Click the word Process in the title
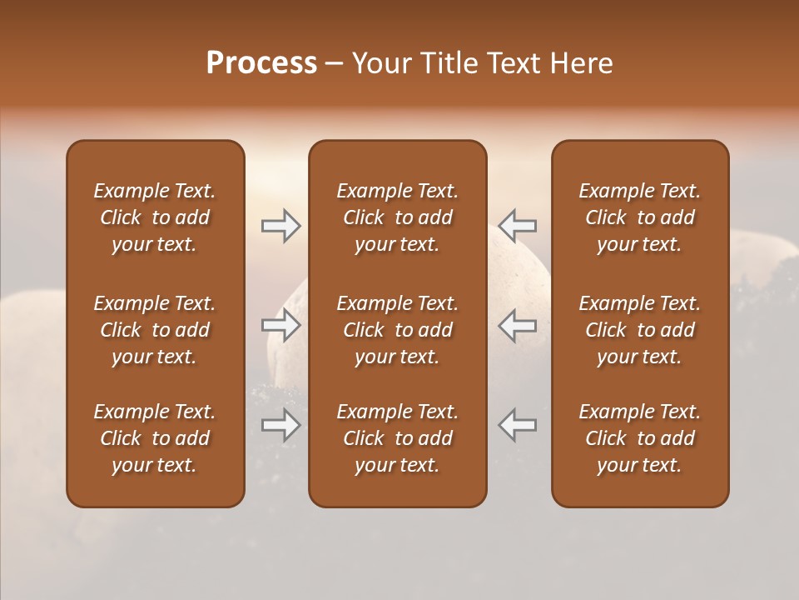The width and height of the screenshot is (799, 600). pyautogui.click(x=261, y=63)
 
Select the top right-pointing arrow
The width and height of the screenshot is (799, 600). pyautogui.click(x=280, y=226)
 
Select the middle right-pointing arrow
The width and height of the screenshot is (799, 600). pyautogui.click(x=280, y=325)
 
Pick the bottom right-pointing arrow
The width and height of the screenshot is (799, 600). pyautogui.click(x=280, y=425)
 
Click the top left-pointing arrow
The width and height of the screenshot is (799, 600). pyautogui.click(x=517, y=226)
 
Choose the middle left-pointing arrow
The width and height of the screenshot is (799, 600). pyautogui.click(x=517, y=325)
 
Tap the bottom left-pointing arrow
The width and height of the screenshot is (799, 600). pyautogui.click(x=517, y=425)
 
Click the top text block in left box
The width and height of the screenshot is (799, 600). pyautogui.click(x=155, y=217)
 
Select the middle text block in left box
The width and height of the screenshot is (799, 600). pyautogui.click(x=155, y=330)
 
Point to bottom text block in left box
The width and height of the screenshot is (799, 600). pyautogui.click(x=155, y=438)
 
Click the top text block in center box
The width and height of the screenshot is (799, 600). pyautogui.click(x=398, y=217)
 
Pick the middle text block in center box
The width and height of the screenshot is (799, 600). pyautogui.click(x=398, y=330)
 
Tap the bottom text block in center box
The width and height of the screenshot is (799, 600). pyautogui.click(x=398, y=438)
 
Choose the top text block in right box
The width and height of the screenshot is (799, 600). pyautogui.click(x=640, y=217)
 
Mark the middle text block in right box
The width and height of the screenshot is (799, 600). pyautogui.click(x=640, y=330)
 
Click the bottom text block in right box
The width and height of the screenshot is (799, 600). pyautogui.click(x=640, y=438)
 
